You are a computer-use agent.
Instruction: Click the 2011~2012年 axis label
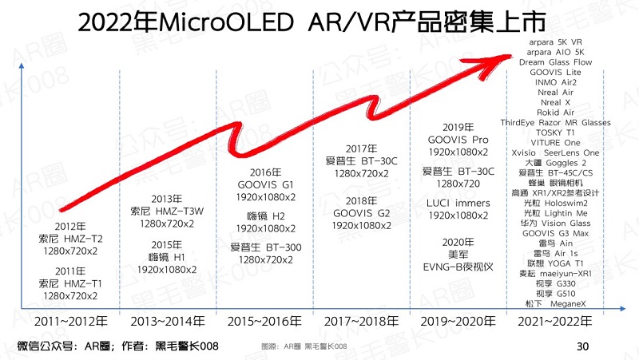(73, 322)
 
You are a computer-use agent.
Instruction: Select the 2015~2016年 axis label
(264, 322)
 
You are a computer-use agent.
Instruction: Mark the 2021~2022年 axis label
(555, 322)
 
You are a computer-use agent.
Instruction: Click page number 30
(582, 346)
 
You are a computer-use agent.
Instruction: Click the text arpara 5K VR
(555, 41)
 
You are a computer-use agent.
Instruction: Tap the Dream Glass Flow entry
(555, 61)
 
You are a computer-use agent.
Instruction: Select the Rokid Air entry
(555, 113)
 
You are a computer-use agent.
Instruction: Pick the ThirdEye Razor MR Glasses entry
(555, 123)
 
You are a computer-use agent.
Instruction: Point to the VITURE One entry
(555, 143)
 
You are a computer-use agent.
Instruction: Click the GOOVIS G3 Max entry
(555, 233)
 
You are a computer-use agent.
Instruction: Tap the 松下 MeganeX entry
(555, 303)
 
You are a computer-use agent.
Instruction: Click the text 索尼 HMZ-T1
(71, 283)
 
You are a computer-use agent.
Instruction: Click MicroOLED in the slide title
(228, 23)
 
